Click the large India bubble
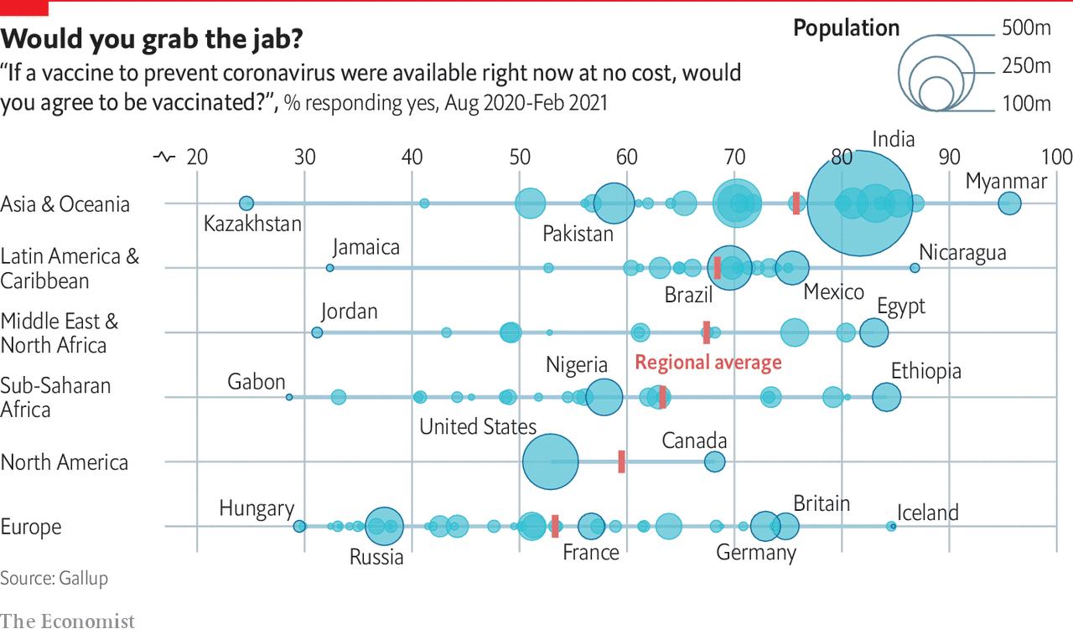[859, 204]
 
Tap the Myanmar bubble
[1009, 203]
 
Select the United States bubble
[550, 461]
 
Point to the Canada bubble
[714, 461]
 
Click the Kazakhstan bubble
[246, 204]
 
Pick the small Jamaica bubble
[329, 267]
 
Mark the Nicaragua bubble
[915, 267]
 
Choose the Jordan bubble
[317, 332]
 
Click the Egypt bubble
[873, 332]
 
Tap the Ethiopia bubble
[886, 397]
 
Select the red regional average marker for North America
[621, 461]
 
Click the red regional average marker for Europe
[555, 526]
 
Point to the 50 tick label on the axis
[520, 157]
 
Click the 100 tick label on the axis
[1056, 157]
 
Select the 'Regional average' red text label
[708, 363]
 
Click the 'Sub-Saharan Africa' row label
[55, 398]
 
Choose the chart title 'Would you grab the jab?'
[153, 39]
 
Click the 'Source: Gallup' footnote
[54, 578]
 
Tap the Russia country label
[376, 557]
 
